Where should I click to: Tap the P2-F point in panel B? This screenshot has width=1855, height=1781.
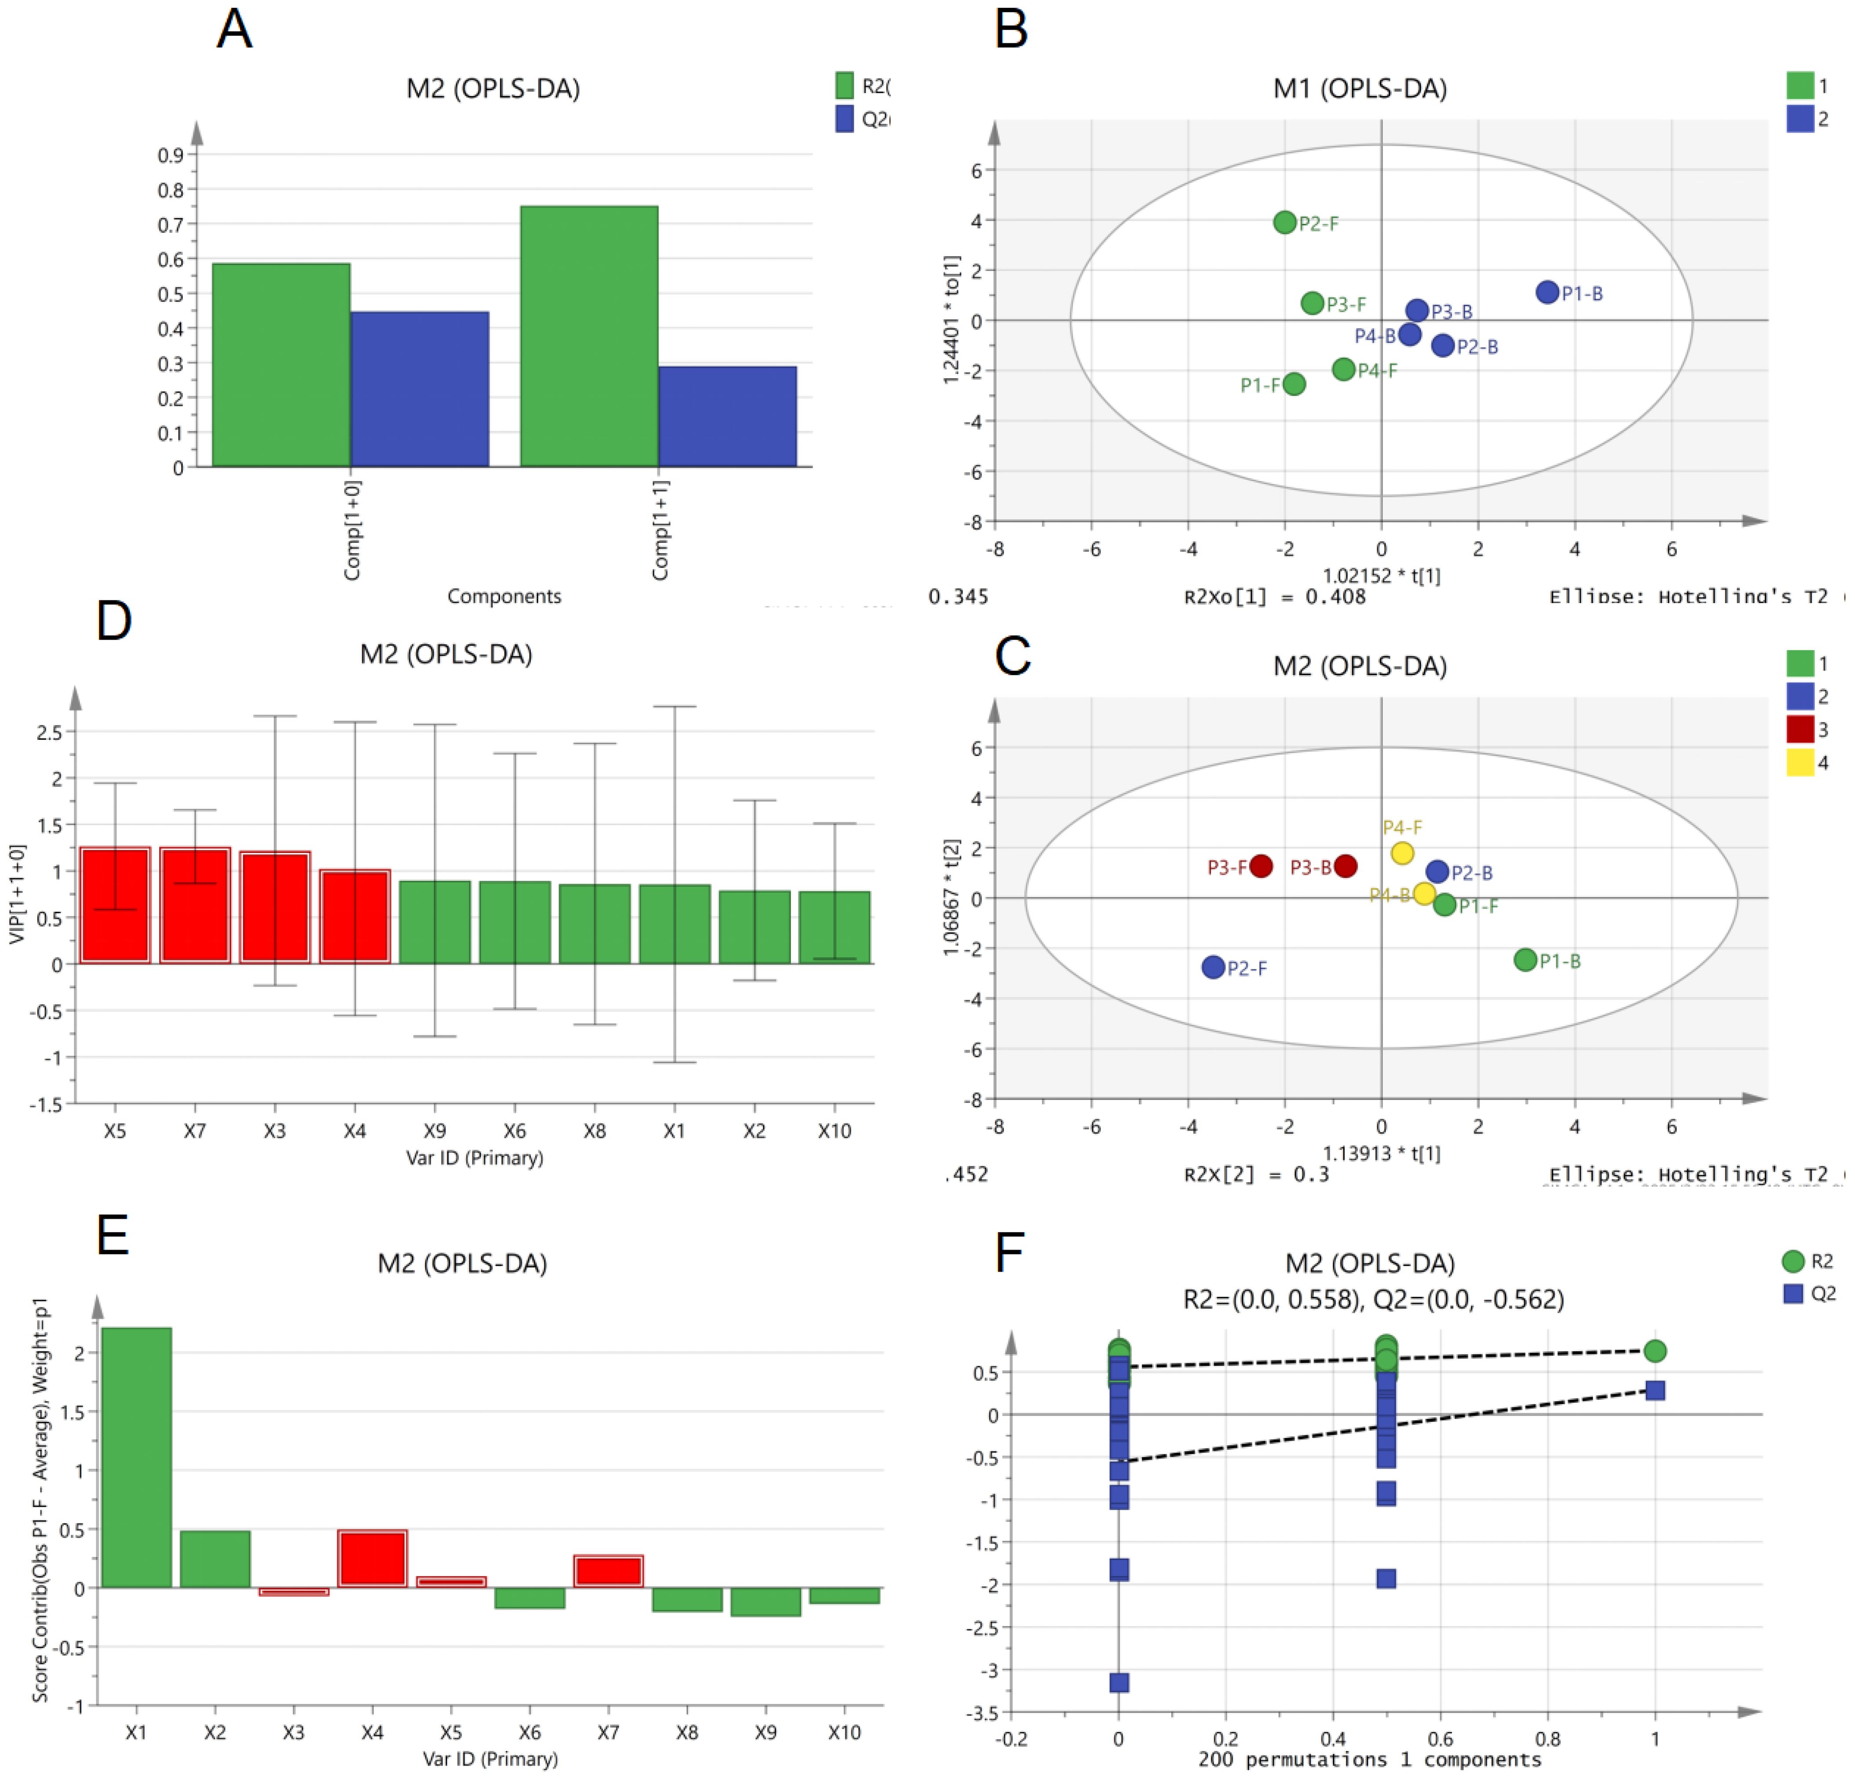coord(1284,222)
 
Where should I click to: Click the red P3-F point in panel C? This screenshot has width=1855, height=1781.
coord(1261,865)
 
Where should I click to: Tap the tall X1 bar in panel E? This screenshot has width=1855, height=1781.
coord(136,1458)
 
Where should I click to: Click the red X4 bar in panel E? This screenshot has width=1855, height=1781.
coord(372,1559)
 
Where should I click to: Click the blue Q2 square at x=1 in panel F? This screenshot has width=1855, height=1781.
coord(1654,1390)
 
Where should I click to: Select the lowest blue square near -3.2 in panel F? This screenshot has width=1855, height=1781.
coord(1119,1683)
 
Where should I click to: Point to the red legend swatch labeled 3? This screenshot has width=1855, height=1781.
coord(1799,729)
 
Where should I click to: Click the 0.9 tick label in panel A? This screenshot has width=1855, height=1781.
coord(171,155)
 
